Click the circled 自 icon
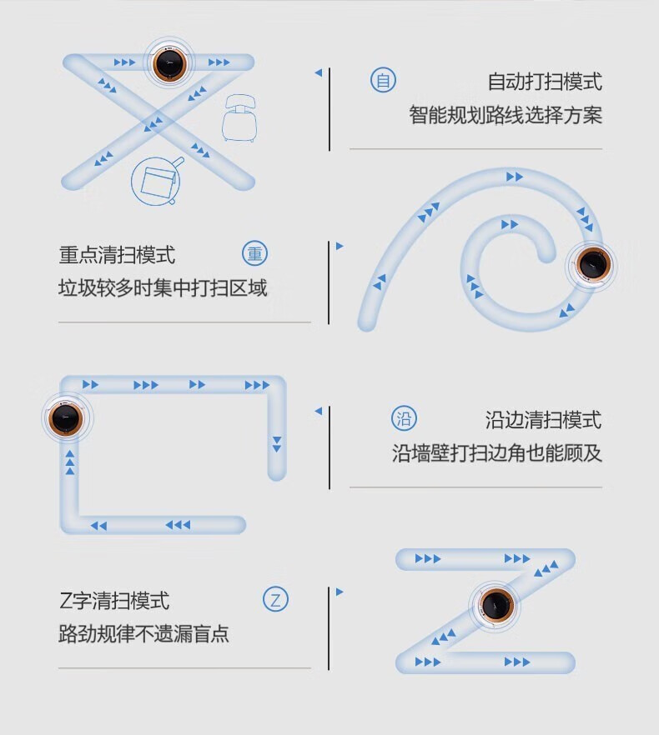click(383, 81)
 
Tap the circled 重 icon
click(254, 254)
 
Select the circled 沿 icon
click(404, 418)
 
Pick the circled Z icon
click(276, 599)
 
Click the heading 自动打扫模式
click(544, 82)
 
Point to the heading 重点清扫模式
click(118, 255)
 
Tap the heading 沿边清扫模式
click(543, 419)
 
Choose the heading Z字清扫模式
click(114, 600)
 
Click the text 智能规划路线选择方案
click(505, 115)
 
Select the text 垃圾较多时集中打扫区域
click(163, 288)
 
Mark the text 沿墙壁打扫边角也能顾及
click(497, 453)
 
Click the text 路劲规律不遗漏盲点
click(143, 634)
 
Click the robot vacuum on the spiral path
click(594, 265)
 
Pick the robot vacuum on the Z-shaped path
click(496, 605)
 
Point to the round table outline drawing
click(157, 180)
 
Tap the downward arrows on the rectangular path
click(277, 443)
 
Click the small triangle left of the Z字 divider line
click(340, 592)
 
